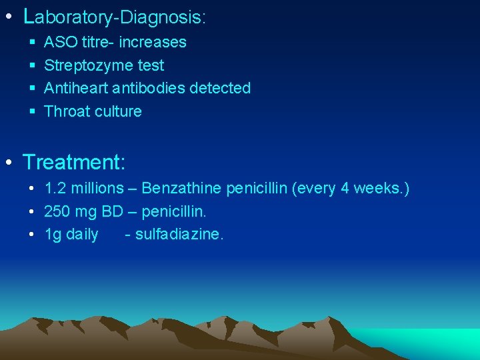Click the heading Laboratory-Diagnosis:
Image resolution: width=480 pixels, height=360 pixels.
114,17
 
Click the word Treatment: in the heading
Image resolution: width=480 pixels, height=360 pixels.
74,161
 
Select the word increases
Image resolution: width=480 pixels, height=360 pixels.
153,43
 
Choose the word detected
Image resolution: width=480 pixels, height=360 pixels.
220,88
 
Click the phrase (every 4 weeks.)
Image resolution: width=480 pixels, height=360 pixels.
351,189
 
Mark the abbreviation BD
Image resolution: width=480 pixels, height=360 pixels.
113,212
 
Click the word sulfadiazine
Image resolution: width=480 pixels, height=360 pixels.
179,235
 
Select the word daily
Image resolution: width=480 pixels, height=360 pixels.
82,235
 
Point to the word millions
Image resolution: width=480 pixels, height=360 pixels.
97,189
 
